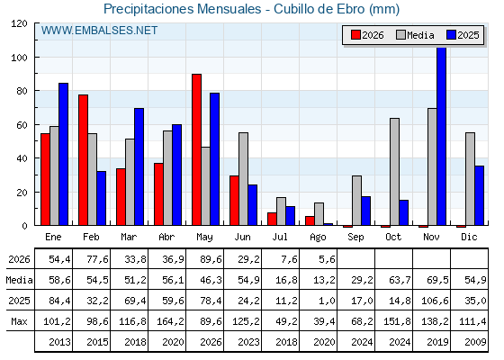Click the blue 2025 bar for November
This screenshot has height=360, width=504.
pyautogui.click(x=441, y=136)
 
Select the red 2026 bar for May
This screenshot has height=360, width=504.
pyautogui.click(x=196, y=149)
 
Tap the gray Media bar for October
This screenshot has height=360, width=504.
pyautogui.click(x=394, y=172)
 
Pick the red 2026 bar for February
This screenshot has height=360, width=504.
pyautogui.click(x=83, y=160)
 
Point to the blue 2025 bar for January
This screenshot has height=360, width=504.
pyautogui.click(x=63, y=154)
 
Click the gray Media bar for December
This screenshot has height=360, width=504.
pyautogui.click(x=470, y=179)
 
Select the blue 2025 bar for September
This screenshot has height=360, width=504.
pyautogui.click(x=365, y=211)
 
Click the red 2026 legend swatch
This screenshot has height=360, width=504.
pyautogui.click(x=355, y=35)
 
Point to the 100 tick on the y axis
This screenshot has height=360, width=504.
pyautogui.click(x=19, y=58)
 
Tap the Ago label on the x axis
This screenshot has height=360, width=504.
pyautogui.click(x=318, y=238)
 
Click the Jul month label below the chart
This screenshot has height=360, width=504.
pyautogui.click(x=280, y=237)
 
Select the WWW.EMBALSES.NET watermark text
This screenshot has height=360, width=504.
pyautogui.click(x=99, y=31)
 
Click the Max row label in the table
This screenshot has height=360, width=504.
pyautogui.click(x=19, y=321)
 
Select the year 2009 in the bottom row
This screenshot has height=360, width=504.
pyautogui.click(x=475, y=342)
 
